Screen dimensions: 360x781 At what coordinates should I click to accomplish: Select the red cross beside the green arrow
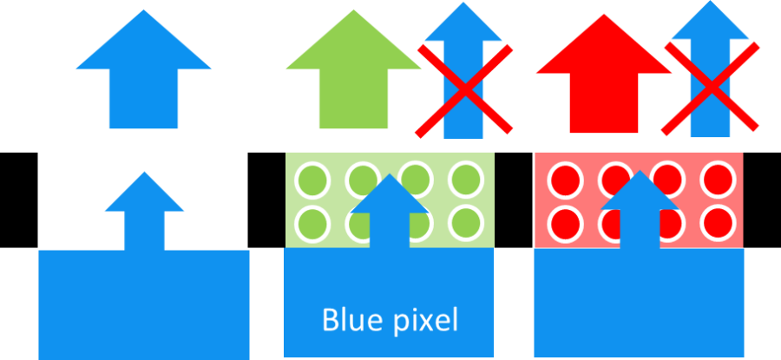(x=465, y=90)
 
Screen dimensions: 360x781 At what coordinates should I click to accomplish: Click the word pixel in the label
(x=425, y=320)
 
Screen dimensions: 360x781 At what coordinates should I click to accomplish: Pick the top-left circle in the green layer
(x=311, y=180)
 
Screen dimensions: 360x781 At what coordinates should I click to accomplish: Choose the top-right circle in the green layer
(x=465, y=180)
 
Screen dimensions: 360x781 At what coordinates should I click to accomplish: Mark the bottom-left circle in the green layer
(x=311, y=224)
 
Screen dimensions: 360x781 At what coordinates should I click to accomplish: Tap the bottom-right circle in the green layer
(x=465, y=224)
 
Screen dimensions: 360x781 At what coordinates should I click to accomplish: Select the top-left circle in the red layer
(x=564, y=180)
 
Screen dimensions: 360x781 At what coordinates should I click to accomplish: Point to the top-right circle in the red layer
(x=719, y=180)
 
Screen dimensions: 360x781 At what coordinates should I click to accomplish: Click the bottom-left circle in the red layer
(x=564, y=224)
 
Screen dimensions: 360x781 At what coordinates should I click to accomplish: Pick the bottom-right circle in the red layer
(x=719, y=224)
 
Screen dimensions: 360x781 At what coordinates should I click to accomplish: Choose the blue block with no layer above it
(x=144, y=304)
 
